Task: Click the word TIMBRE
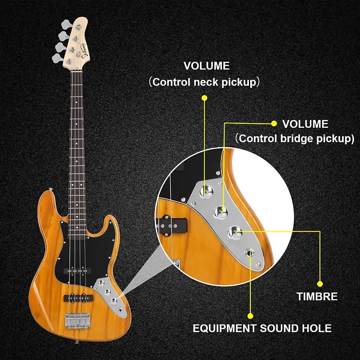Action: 317,297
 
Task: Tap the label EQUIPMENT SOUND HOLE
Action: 262,328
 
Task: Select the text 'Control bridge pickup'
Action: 295,139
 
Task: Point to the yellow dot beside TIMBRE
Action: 320,284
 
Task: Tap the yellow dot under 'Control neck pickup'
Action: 204,98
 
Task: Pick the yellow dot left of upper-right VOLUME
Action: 273,123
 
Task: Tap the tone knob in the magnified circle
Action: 235,232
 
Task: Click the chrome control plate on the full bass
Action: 110,295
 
